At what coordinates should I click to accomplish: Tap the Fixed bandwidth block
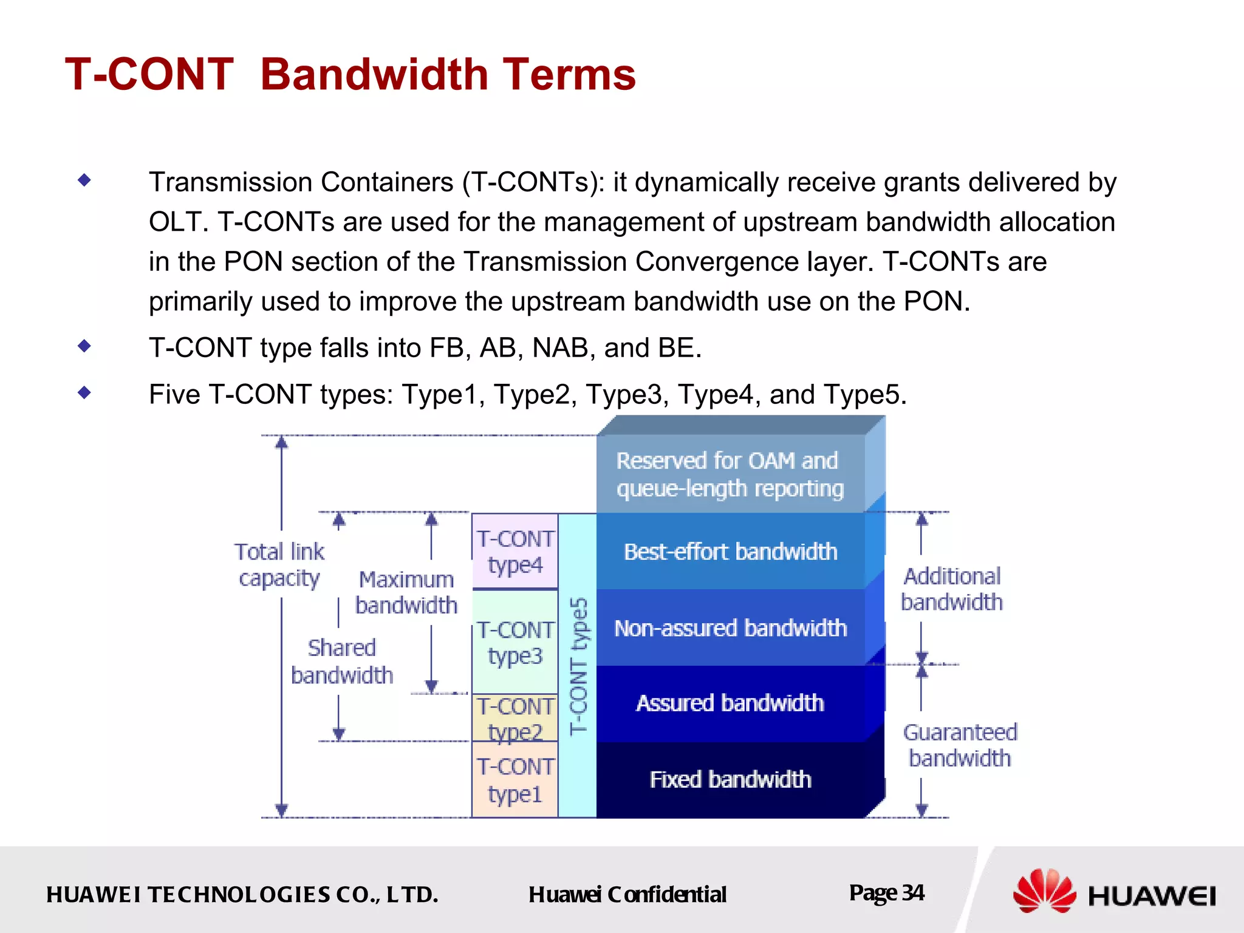coord(730,779)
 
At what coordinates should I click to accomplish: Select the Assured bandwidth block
coord(730,703)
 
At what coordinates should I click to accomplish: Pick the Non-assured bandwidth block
coord(730,628)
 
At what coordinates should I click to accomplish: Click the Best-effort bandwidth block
coord(730,552)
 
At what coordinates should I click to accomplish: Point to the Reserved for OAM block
coord(730,474)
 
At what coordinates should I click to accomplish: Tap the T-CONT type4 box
coord(515,552)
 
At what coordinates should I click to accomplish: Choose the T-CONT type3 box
coord(515,643)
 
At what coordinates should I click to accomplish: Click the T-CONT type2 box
coord(515,719)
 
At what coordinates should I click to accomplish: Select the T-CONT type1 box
coord(515,780)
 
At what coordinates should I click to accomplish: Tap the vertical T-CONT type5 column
coord(578,665)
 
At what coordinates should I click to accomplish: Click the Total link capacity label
coord(279,565)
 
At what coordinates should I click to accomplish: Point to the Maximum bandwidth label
coord(406,592)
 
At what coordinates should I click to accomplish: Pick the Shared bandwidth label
coord(342,661)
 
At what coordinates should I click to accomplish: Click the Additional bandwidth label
coord(952,589)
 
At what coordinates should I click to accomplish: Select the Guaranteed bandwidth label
coord(960,745)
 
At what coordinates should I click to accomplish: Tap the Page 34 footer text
coord(886,893)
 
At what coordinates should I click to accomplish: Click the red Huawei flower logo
coord(1044,891)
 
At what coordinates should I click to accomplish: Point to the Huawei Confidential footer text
coord(627,894)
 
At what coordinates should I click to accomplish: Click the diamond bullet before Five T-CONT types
coord(84,393)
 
